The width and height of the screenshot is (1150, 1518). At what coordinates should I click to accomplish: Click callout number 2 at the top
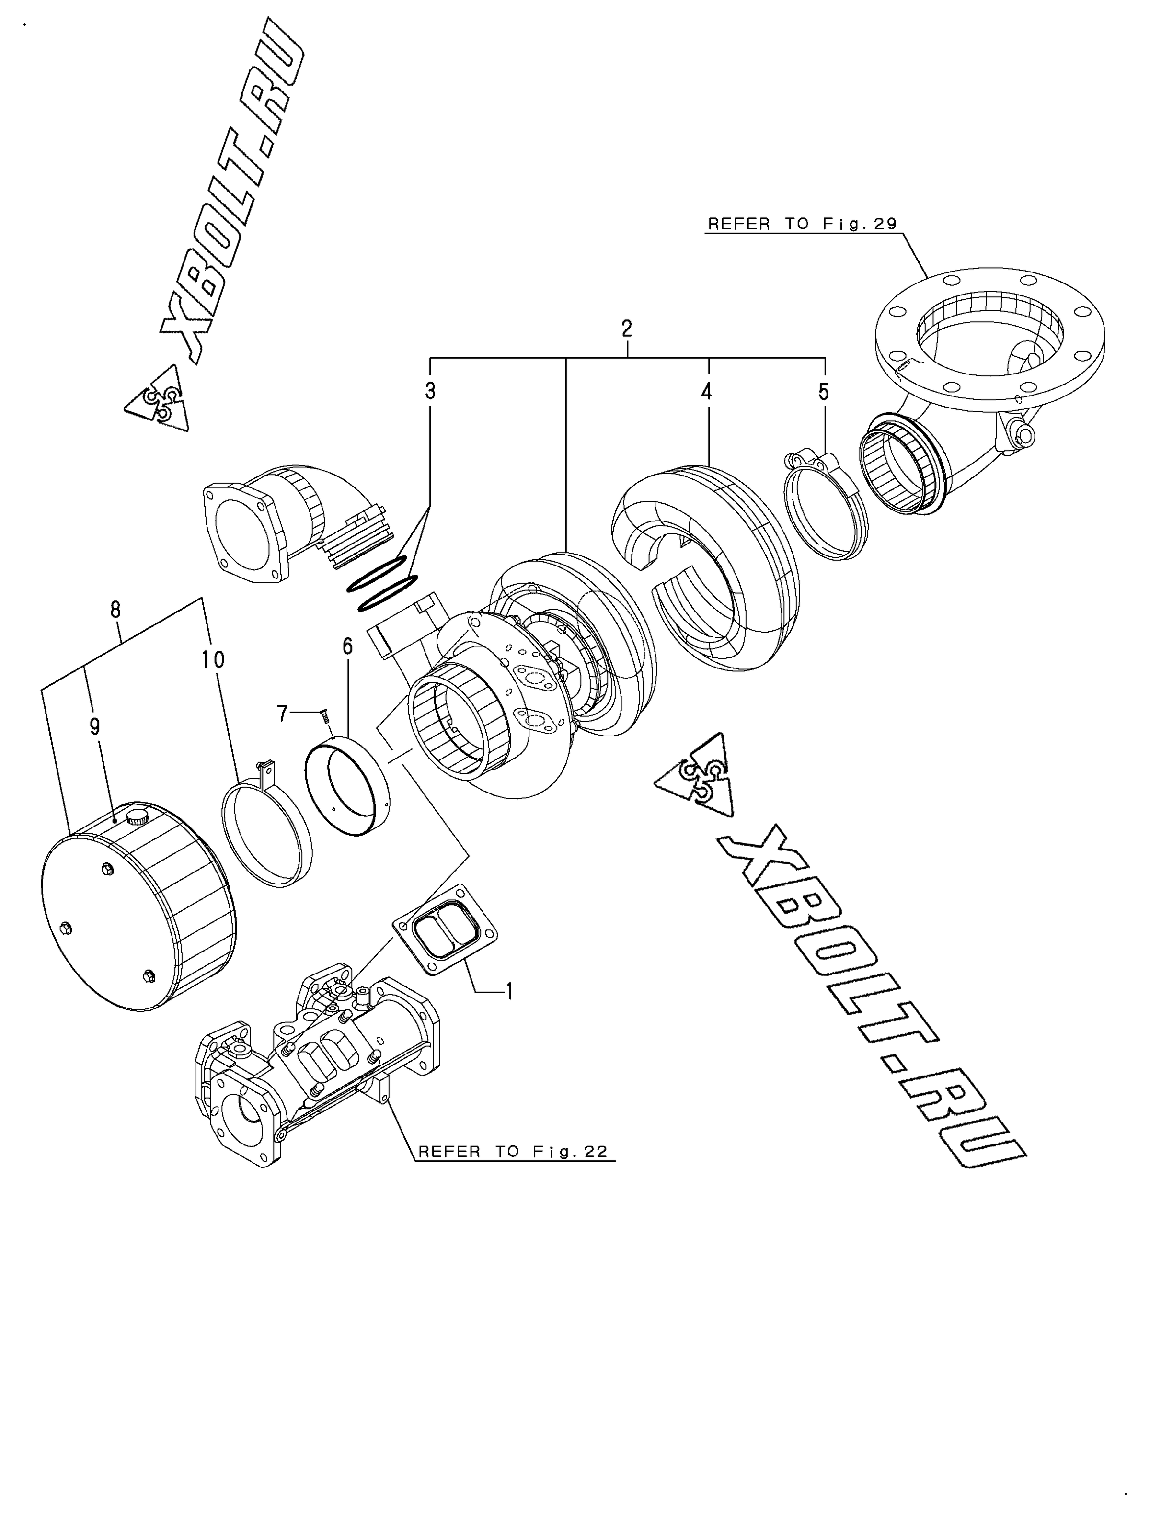(627, 328)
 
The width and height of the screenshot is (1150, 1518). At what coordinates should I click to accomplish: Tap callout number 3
(430, 391)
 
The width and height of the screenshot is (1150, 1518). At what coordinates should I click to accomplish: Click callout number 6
(347, 646)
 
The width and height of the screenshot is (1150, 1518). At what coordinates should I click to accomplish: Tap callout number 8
(115, 609)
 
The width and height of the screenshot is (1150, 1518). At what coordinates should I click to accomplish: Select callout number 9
(95, 726)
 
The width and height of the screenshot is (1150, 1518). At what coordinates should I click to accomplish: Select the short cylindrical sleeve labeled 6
(347, 786)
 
